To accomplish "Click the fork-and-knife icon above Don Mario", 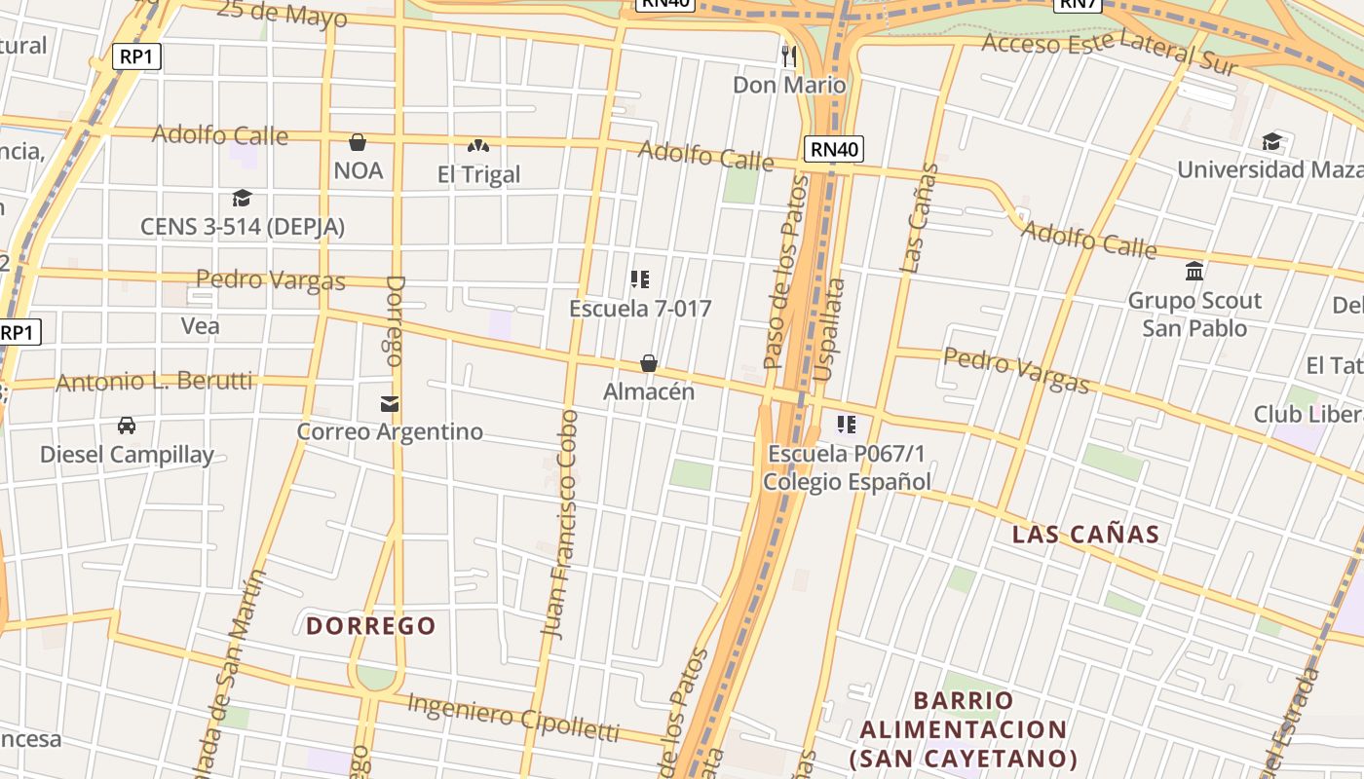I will click(x=789, y=56).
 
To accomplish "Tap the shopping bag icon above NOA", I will click(x=358, y=142).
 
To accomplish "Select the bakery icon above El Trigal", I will click(x=477, y=146).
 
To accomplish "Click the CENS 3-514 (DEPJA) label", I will click(x=243, y=227).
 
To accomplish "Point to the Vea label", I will click(x=201, y=325).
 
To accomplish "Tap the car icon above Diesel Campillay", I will click(x=127, y=426).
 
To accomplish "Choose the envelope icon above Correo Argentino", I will click(x=390, y=403).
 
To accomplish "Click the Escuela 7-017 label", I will click(x=640, y=309).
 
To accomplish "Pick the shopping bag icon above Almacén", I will click(x=649, y=363).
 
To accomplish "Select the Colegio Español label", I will click(x=847, y=481).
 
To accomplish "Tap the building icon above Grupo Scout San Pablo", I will click(x=1194, y=272).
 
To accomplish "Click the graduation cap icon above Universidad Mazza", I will click(x=1271, y=142).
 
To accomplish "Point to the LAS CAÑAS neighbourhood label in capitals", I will click(x=1085, y=534).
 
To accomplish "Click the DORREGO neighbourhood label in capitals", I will click(x=371, y=625).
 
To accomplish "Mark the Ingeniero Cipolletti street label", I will click(x=513, y=716).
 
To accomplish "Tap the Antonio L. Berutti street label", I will click(x=154, y=381).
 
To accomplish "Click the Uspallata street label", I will click(x=827, y=330).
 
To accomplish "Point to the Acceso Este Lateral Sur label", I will click(x=1109, y=53).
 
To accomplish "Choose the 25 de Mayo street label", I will click(x=282, y=14).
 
